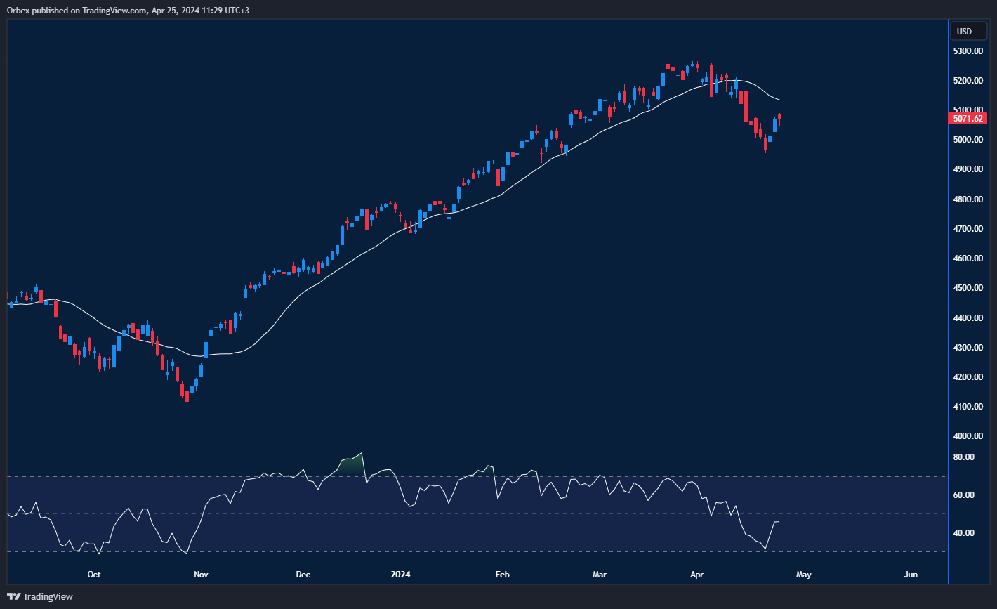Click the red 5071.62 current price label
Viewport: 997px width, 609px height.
click(x=968, y=119)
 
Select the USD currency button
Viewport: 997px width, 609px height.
click(x=965, y=31)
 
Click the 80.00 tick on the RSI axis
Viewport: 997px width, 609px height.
click(x=964, y=457)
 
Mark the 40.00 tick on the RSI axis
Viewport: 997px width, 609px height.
click(x=964, y=533)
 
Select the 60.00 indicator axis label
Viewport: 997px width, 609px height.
click(x=964, y=495)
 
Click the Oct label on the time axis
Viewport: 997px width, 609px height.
click(x=94, y=575)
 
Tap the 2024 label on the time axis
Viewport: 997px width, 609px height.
click(x=400, y=575)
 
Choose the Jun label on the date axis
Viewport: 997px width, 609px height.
click(x=911, y=575)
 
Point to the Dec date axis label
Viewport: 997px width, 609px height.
click(x=303, y=575)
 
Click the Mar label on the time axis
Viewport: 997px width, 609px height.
click(x=600, y=575)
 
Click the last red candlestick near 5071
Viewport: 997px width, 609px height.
click(x=779, y=118)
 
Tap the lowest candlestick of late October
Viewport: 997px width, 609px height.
click(x=187, y=397)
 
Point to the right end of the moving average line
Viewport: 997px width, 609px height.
click(x=779, y=99)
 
